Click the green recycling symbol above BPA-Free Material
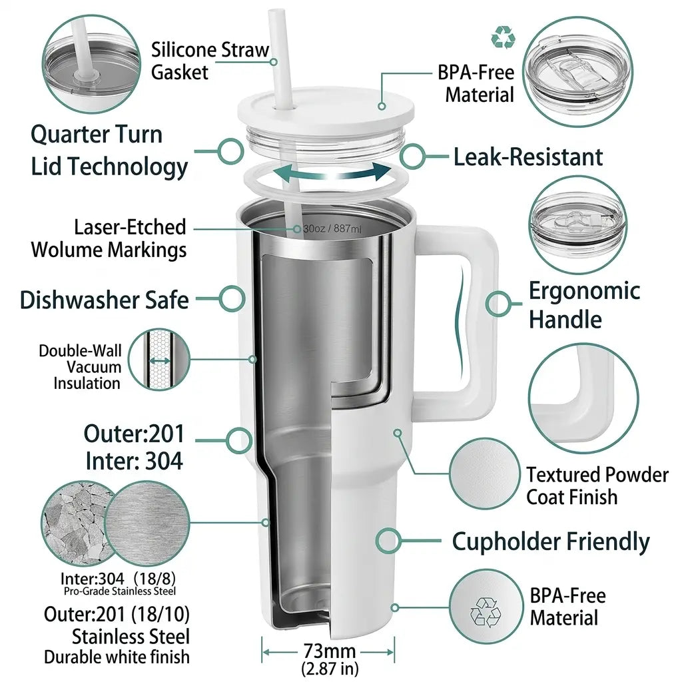click(504, 37)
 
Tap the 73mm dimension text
click(329, 651)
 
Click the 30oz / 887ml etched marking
click(332, 229)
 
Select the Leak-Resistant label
click(528, 157)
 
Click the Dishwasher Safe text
click(105, 300)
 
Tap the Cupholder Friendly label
click(551, 542)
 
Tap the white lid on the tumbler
click(326, 111)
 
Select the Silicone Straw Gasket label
click(210, 61)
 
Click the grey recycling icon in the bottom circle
click(486, 612)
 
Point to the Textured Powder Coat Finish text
click(597, 486)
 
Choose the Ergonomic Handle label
click(584, 305)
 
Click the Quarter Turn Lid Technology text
click(109, 151)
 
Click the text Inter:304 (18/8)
click(118, 579)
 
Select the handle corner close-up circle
click(583, 398)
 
